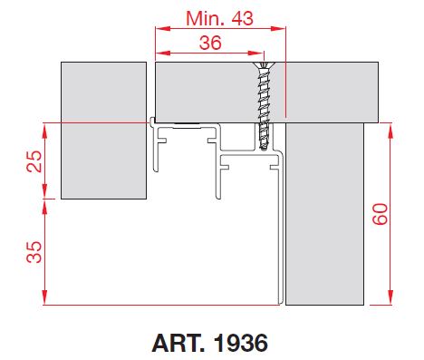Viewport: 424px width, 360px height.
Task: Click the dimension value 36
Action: click(x=210, y=43)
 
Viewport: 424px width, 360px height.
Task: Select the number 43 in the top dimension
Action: click(x=242, y=18)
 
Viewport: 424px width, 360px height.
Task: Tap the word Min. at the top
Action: click(x=206, y=18)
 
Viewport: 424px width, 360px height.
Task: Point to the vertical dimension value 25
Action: click(x=34, y=161)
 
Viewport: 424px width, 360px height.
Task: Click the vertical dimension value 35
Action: click(x=34, y=252)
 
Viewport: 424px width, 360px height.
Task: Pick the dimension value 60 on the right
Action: click(x=380, y=214)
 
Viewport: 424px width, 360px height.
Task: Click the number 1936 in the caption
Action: click(x=241, y=343)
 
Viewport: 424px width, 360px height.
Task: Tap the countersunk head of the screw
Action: click(x=264, y=66)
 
